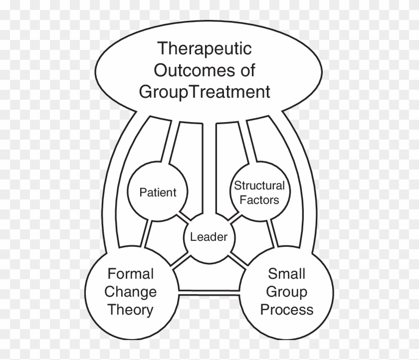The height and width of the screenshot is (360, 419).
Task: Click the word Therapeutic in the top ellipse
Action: click(205, 49)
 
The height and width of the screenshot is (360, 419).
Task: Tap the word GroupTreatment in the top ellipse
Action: click(205, 92)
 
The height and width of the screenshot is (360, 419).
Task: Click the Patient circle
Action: click(158, 192)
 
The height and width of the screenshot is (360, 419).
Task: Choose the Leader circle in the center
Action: click(209, 236)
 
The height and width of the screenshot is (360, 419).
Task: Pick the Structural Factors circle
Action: click(259, 192)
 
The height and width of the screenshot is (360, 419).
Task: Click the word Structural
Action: click(259, 186)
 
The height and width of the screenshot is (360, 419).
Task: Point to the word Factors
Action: click(259, 200)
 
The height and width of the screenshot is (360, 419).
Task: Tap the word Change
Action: click(131, 292)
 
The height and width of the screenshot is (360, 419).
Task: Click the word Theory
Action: click(130, 310)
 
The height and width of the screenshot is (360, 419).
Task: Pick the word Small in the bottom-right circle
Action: click(286, 274)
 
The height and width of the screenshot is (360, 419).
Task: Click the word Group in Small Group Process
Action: click(287, 292)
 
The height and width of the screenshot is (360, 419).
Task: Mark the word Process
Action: click(287, 310)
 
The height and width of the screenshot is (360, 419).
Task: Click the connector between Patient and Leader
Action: click(184, 218)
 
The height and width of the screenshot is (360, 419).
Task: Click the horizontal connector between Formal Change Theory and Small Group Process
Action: click(209, 291)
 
